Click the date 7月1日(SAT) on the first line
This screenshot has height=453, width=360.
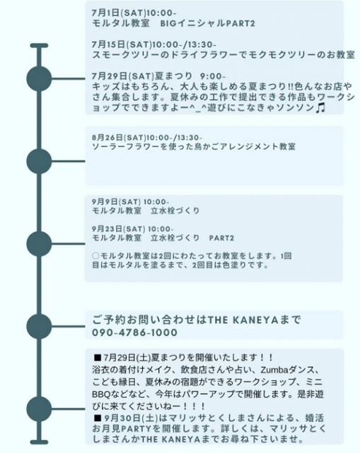[x=119, y=13]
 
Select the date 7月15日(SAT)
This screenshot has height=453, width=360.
[x=122, y=45]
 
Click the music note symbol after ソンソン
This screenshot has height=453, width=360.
[x=320, y=108]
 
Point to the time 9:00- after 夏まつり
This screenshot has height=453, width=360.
[x=212, y=76]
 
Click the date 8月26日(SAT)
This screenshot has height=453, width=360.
[x=119, y=137]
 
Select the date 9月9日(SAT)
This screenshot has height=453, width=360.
[x=116, y=202]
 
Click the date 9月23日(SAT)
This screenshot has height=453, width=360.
[x=119, y=229]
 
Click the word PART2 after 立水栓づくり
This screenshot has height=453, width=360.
[x=221, y=239]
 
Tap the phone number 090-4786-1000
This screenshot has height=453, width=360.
[x=134, y=333]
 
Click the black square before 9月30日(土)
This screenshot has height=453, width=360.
[x=98, y=418]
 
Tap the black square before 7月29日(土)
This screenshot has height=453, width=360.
[x=98, y=357]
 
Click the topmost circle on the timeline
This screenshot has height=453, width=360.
[x=39, y=79]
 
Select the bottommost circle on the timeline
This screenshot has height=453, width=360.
[x=39, y=409]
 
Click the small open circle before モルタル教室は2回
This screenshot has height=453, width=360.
[x=95, y=256]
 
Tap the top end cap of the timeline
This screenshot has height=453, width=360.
[x=39, y=45]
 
